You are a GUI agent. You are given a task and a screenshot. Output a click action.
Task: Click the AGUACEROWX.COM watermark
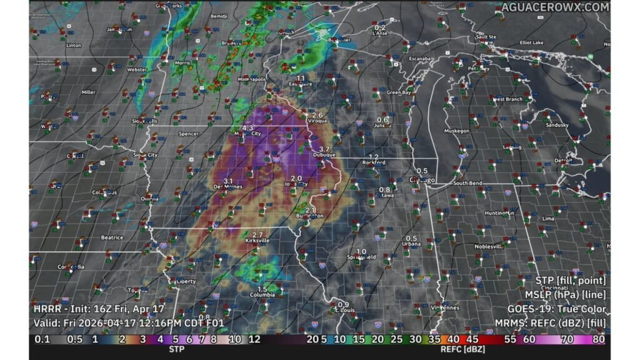click(555, 7)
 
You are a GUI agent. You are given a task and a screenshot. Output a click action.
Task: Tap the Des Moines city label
click(227, 186)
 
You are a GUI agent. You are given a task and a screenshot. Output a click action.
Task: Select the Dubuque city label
click(324, 154)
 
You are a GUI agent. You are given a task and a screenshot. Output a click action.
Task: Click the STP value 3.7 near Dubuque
click(315, 148)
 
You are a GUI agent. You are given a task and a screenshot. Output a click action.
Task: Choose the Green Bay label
click(399, 92)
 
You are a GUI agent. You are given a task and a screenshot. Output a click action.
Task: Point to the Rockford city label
click(374, 162)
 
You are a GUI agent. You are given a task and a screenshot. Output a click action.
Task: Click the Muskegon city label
click(456, 131)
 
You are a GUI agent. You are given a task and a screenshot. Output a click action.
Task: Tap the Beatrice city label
click(112, 237)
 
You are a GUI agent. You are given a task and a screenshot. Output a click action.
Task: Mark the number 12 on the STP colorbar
click(254, 340)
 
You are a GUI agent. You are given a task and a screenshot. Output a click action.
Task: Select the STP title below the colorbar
click(176, 349)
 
